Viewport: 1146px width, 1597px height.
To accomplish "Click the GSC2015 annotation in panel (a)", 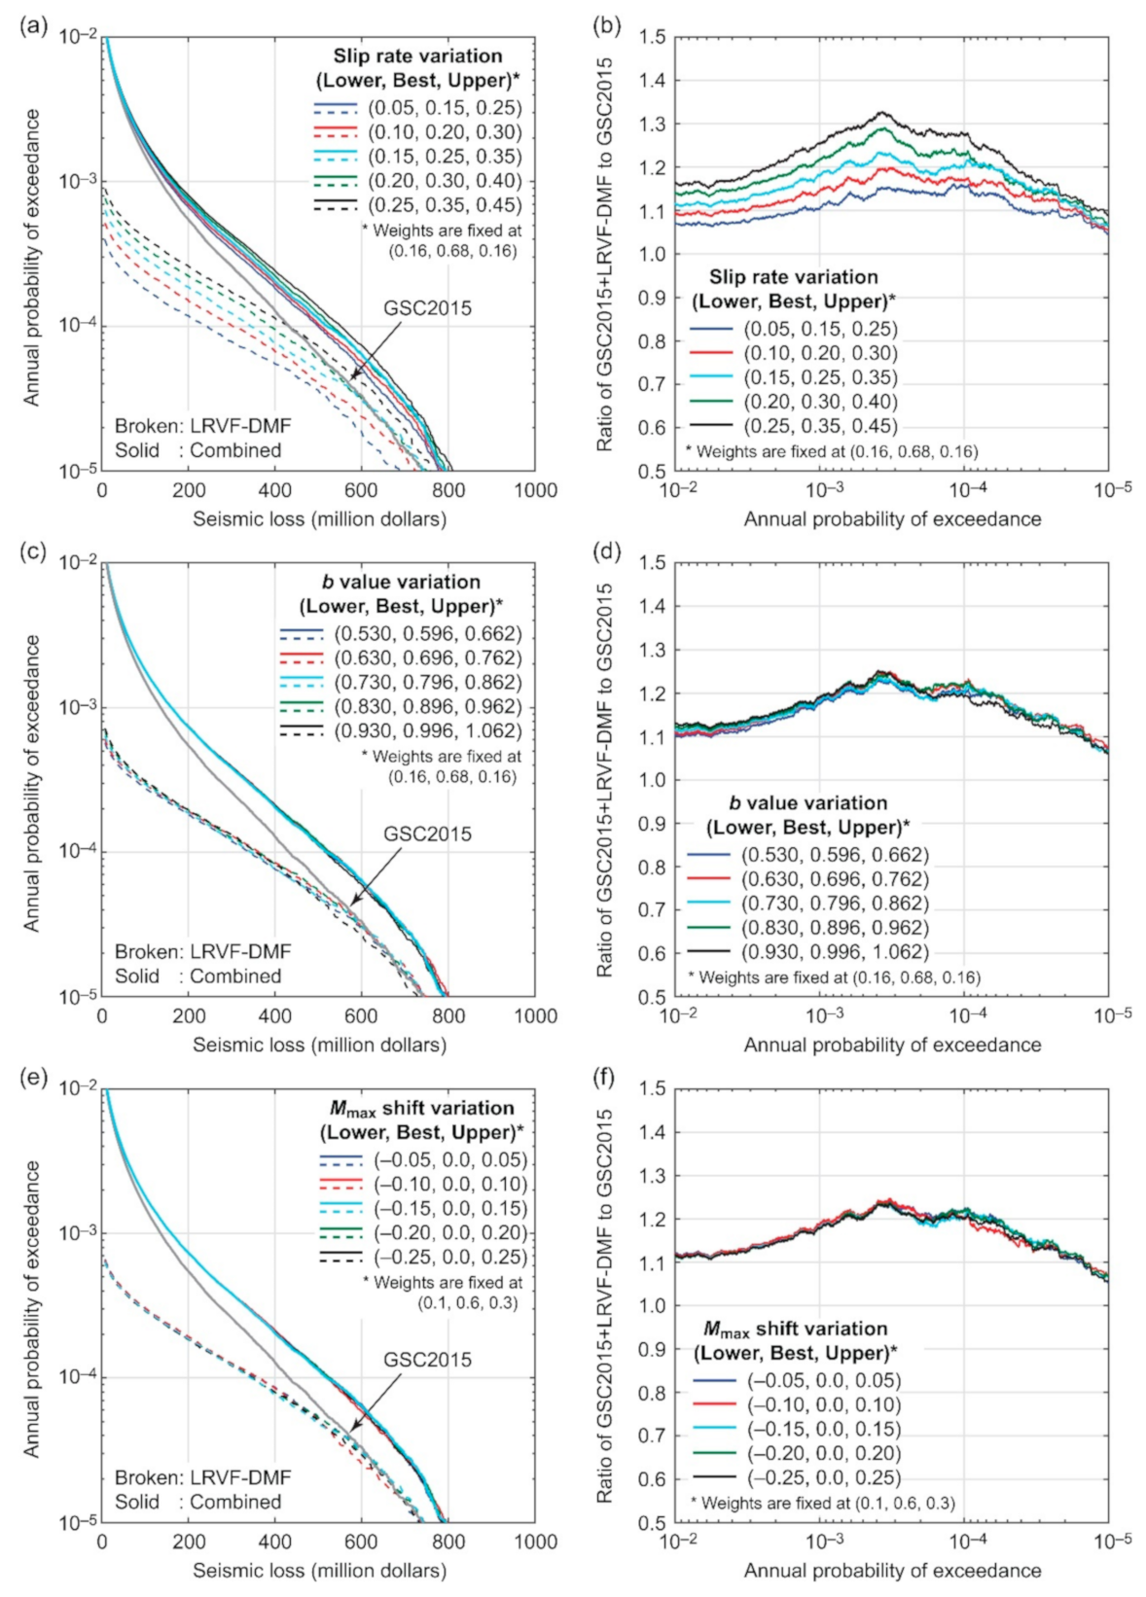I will click(427, 308).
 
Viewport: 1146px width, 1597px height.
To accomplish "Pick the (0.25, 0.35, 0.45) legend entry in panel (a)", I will click(446, 205).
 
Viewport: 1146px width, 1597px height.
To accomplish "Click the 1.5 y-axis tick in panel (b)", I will click(653, 37).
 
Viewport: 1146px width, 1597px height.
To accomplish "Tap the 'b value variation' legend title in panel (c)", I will click(401, 582).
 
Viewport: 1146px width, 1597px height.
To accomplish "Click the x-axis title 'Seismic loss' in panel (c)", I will click(319, 1045).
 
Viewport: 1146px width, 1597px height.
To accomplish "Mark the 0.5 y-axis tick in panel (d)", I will click(653, 997).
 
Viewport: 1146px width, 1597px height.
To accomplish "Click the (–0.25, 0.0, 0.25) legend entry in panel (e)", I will click(450, 1257).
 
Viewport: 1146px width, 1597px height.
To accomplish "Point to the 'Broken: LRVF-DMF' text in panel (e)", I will click(202, 1477).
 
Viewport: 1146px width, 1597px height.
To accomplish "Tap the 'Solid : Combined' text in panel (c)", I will click(198, 976).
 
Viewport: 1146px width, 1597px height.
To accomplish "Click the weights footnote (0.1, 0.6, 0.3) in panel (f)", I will click(823, 1503).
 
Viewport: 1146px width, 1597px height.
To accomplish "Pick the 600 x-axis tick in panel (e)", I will click(362, 1542).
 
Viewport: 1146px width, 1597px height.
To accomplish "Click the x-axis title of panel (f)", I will click(892, 1570).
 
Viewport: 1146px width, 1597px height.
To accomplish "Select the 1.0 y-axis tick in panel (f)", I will click(653, 1306).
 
